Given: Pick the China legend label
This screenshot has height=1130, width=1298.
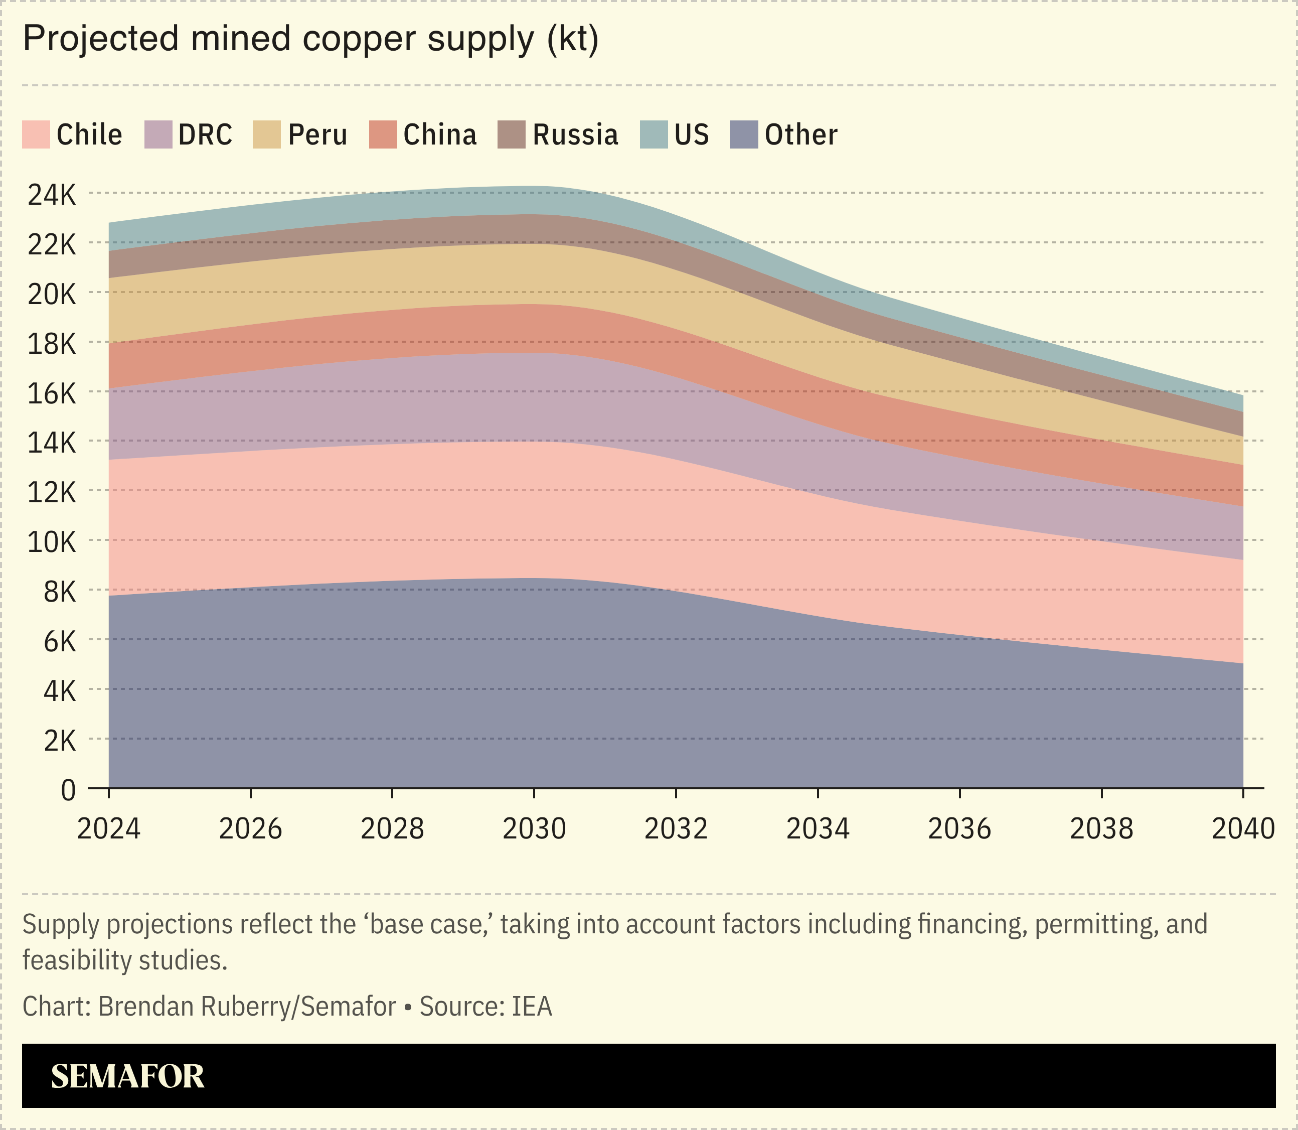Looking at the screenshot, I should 439,135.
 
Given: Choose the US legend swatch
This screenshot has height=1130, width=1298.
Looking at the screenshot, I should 653,135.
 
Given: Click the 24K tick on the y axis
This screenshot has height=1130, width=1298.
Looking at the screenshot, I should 52,195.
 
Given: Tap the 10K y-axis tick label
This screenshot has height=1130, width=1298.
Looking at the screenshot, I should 52,542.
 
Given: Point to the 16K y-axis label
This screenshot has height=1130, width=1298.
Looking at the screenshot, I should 52,393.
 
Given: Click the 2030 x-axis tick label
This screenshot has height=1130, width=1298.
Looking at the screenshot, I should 534,828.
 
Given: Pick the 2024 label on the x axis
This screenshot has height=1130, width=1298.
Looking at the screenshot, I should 108,828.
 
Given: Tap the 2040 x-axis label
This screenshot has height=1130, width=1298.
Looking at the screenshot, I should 1242,828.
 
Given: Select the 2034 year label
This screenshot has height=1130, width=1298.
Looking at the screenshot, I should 818,828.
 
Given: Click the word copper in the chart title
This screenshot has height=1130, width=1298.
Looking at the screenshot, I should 360,39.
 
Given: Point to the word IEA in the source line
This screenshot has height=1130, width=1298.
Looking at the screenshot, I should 532,1007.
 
